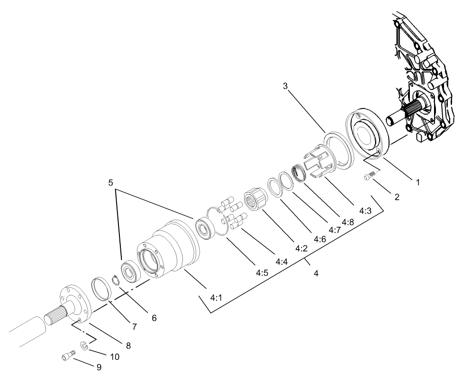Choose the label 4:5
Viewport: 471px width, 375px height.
(263, 273)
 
